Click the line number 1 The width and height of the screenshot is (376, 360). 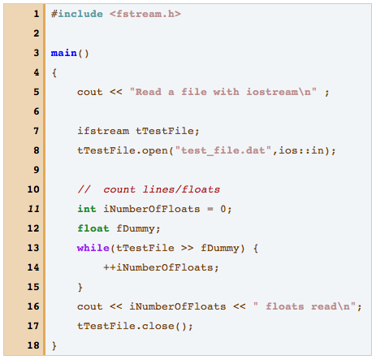coord(37,14)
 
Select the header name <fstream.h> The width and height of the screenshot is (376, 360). coord(145,14)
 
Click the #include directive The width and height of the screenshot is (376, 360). coord(77,14)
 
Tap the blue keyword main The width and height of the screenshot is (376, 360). coord(64,53)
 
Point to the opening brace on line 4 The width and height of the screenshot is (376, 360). coord(54,72)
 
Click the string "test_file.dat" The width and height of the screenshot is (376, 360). coord(223,150)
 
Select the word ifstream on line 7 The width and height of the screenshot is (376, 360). coord(103,131)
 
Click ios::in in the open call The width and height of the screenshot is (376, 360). coord(301,150)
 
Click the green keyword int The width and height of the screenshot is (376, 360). coord(87,209)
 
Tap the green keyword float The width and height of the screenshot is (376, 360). coord(93,228)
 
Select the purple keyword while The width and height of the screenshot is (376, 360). coord(93,248)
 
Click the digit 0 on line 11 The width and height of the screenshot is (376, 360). coord(223,209)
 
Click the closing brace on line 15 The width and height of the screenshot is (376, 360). coord(80,287)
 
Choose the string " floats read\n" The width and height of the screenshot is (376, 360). coord(305,306)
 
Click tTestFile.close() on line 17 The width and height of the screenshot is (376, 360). coord(132,326)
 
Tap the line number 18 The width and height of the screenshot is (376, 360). coord(33,345)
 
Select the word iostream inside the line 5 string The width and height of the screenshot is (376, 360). coord(272,92)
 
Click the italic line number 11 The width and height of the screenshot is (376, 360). coord(33,209)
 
